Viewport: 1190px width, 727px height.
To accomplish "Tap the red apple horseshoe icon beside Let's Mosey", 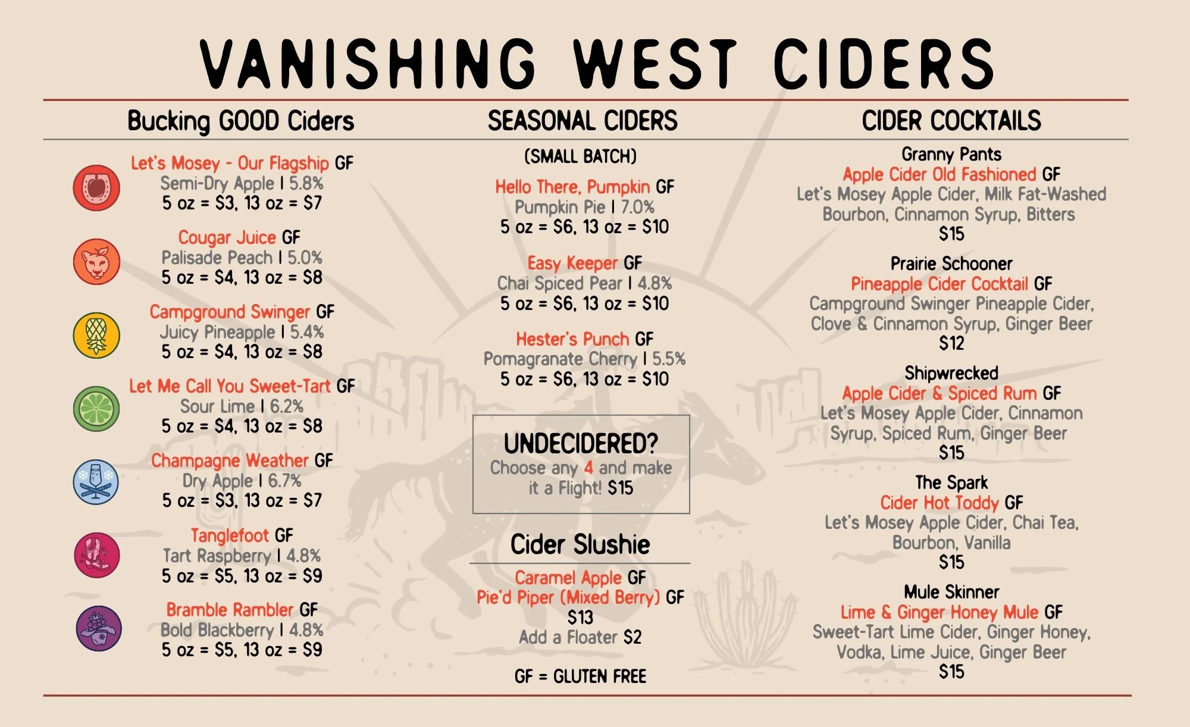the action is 96,188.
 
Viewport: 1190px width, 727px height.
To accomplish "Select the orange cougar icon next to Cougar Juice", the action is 96,262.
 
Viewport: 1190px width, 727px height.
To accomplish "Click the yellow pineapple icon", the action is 96,336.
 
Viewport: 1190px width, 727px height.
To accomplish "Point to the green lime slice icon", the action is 96,409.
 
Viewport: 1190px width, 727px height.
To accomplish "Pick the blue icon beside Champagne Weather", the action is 96,482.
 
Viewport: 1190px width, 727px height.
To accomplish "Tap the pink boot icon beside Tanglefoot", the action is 96,555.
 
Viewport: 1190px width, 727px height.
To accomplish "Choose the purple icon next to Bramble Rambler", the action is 99,628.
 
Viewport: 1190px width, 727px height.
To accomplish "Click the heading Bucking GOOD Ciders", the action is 240,121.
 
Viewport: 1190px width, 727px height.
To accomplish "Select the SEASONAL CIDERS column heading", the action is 583,121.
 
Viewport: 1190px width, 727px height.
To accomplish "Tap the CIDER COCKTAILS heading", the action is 951,121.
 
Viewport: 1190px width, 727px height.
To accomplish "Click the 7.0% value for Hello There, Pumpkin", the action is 637,207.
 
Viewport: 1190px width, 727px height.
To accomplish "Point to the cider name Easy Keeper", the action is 572,263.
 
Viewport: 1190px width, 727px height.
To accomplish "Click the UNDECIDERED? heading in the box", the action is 581,443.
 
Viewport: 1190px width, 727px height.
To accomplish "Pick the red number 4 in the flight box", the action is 588,468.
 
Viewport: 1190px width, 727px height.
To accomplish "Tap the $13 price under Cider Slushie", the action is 580,617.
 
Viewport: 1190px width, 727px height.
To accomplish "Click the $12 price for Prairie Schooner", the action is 951,343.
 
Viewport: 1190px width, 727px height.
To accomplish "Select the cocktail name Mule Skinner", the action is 951,592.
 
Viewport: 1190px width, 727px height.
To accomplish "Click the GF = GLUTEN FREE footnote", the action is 580,676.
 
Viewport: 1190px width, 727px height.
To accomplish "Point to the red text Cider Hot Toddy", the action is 940,503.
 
